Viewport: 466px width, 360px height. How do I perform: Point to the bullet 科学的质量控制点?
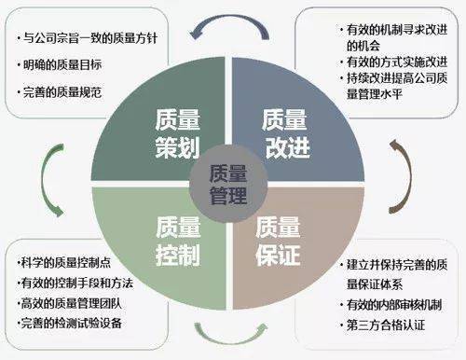coord(62,262)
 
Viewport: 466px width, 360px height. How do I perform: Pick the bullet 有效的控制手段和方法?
coord(75,283)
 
